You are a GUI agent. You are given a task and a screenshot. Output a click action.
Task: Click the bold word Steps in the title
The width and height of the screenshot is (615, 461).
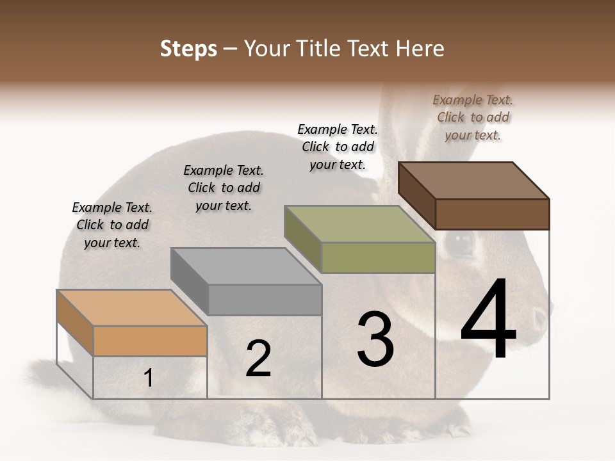click(x=188, y=49)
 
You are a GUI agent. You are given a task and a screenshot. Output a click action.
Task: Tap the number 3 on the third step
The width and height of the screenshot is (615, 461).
click(x=375, y=339)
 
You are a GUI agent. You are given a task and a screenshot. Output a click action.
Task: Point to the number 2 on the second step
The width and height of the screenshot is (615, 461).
click(x=258, y=359)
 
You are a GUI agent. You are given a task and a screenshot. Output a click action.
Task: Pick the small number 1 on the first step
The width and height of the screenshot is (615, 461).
click(x=148, y=378)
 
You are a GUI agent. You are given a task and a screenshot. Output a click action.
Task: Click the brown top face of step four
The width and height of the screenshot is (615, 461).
click(x=473, y=180)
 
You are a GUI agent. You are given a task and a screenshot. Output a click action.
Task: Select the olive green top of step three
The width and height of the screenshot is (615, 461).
click(x=359, y=224)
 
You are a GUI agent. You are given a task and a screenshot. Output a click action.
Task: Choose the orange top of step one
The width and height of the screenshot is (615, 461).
click(x=131, y=308)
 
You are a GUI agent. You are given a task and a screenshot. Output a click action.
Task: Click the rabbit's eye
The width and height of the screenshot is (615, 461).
click(x=458, y=243)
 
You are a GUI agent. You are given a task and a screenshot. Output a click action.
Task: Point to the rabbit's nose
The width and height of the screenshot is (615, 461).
click(x=542, y=315)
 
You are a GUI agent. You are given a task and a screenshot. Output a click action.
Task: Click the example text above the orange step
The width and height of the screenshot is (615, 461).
click(x=112, y=225)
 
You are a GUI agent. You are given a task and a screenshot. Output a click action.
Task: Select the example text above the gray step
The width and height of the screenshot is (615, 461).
click(x=224, y=188)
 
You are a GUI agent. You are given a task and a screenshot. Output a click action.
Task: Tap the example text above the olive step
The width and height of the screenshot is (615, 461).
click(x=338, y=147)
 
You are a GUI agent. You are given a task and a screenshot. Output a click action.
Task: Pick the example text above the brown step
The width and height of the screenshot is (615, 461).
click(x=473, y=117)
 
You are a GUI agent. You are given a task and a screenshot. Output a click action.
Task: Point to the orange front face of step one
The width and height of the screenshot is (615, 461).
click(x=150, y=341)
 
